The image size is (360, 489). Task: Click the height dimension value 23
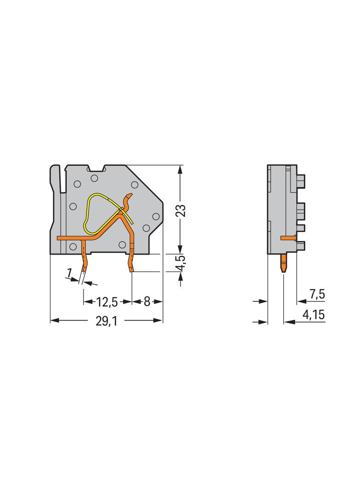[181, 210]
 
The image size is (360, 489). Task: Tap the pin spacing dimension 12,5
[107, 302]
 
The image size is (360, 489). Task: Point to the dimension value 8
[147, 302]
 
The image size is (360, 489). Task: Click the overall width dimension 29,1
[106, 321]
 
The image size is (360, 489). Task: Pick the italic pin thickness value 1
[69, 274]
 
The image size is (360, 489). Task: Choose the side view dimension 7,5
[316, 295]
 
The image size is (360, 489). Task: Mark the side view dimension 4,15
[314, 316]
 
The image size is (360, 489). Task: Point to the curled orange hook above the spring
[128, 200]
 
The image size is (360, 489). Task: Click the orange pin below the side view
[283, 263]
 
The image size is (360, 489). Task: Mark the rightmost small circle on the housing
[156, 216]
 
